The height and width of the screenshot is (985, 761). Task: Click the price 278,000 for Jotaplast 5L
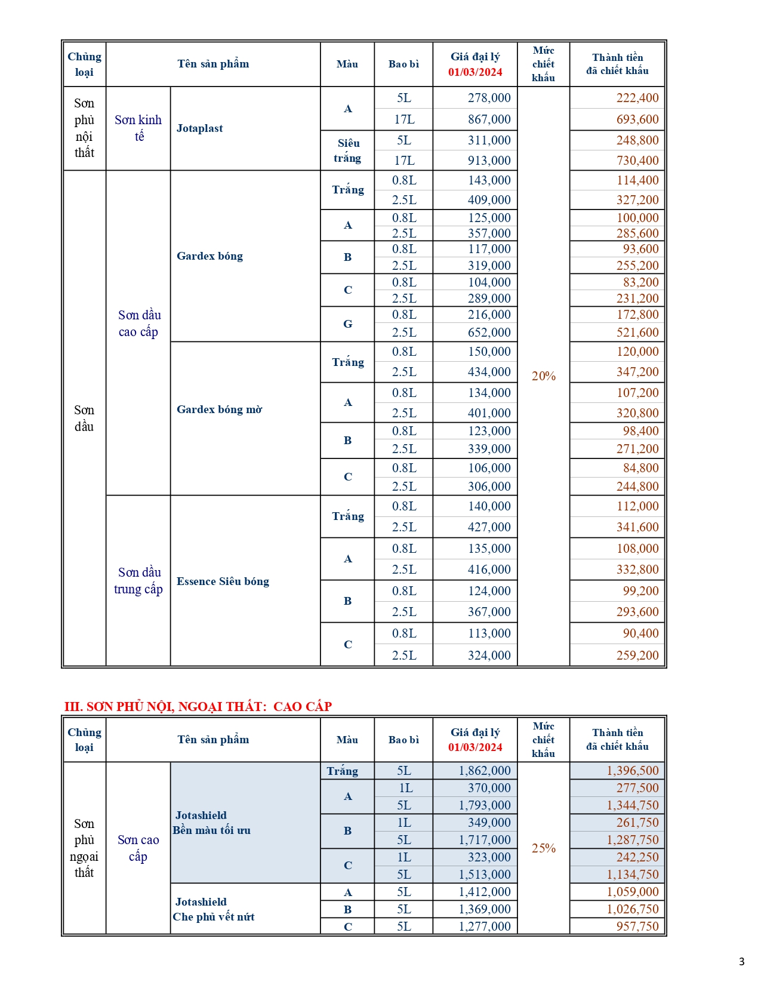[489, 98]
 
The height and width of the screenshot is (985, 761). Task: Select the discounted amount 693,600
[637, 119]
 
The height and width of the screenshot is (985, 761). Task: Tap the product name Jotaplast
[200, 128]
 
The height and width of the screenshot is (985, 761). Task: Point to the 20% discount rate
[543, 376]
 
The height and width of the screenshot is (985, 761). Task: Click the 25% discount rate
[543, 848]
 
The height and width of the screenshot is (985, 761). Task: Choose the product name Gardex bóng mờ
[219, 410]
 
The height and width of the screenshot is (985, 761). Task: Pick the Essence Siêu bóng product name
[223, 581]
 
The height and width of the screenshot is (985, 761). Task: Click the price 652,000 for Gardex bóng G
[489, 333]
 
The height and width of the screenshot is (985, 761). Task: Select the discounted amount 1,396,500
[632, 771]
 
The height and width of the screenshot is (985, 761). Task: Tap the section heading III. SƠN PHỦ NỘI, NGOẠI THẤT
[198, 707]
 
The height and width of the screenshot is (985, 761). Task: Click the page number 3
[741, 962]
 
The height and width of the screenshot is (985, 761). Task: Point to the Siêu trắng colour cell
[347, 150]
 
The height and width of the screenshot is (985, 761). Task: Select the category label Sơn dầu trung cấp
[138, 581]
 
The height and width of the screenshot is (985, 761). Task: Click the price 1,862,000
[484, 771]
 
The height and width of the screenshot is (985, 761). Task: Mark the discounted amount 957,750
[637, 926]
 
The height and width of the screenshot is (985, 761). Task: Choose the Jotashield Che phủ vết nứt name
[213, 909]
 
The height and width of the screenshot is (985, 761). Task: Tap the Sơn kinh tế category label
[138, 128]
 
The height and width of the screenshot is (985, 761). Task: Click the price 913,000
[489, 161]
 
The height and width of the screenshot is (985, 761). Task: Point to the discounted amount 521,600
[637, 333]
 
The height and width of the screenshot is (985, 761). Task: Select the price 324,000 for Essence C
[489, 655]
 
